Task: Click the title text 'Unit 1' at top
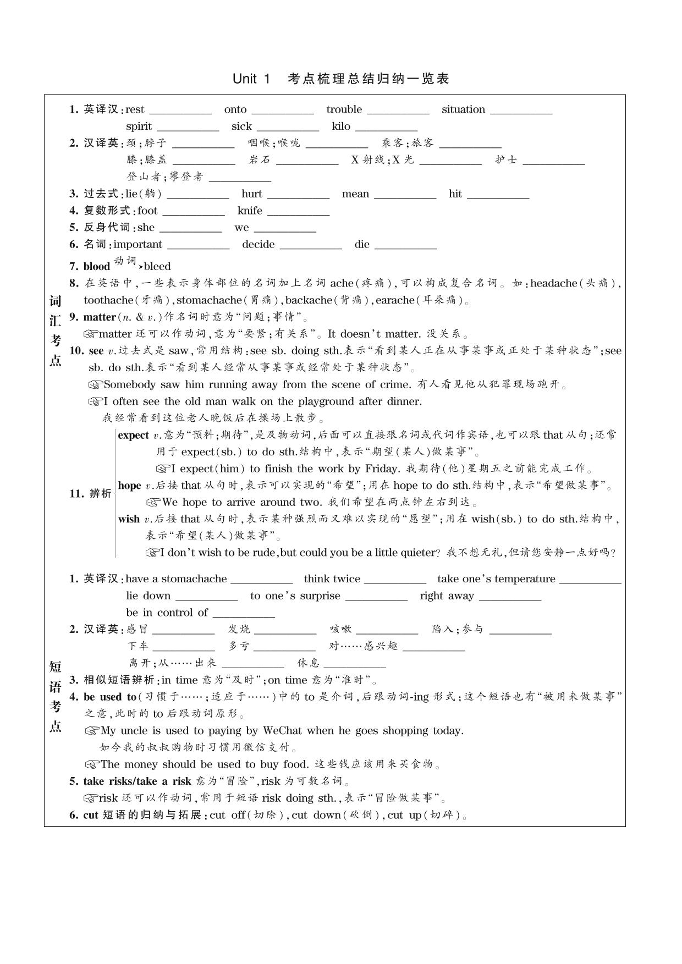point(251,79)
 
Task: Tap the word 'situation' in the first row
point(463,109)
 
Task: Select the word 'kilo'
point(341,126)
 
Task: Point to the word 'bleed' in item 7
point(157,267)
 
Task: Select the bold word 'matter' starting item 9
point(100,317)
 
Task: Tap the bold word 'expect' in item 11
point(133,436)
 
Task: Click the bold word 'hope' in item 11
point(129,486)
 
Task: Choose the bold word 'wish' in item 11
point(129,519)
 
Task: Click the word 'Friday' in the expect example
point(382,469)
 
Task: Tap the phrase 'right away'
point(447,596)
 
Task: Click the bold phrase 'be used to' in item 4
point(110,697)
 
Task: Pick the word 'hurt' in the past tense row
point(252,194)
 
